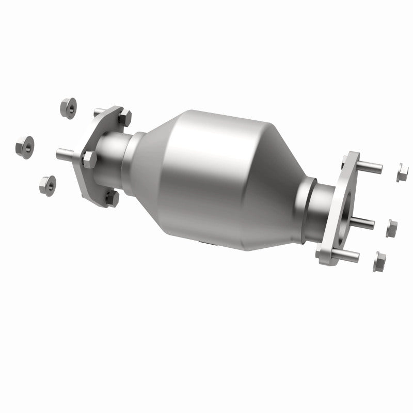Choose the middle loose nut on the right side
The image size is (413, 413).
click(x=392, y=226)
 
